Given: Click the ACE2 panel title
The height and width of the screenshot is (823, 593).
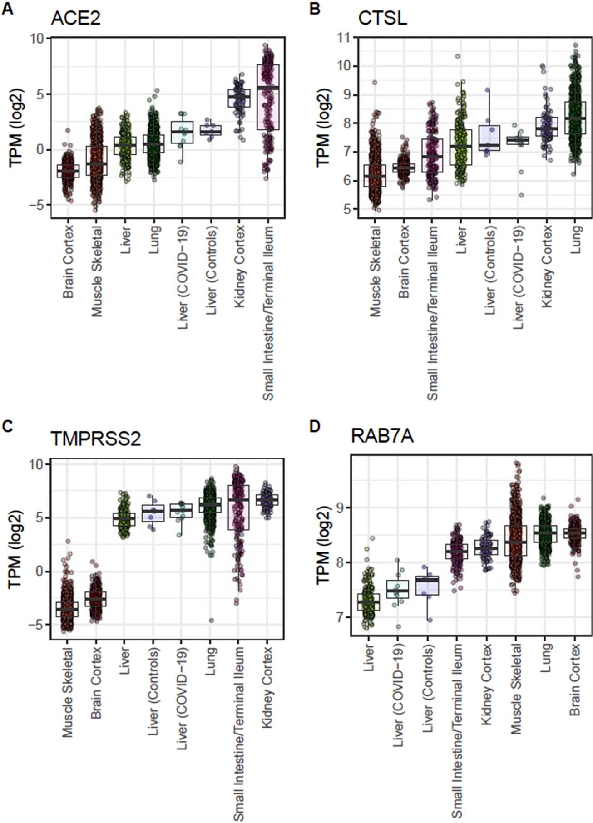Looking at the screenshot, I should pos(75,19).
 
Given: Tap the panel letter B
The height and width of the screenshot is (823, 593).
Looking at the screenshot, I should pos(315,9).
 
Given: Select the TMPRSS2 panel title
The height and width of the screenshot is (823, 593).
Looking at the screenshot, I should pos(96,439).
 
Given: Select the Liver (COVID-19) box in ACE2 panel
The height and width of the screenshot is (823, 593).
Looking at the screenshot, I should pos(182,132).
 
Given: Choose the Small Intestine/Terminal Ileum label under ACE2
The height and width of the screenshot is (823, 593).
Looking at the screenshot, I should pos(268,313).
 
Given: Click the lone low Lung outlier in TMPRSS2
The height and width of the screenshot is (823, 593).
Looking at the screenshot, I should pos(212,620).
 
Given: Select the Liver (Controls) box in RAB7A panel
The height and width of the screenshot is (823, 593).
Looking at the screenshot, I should pos(427,586).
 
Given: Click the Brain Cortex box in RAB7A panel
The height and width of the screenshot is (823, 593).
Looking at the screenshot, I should pos(574,533).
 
